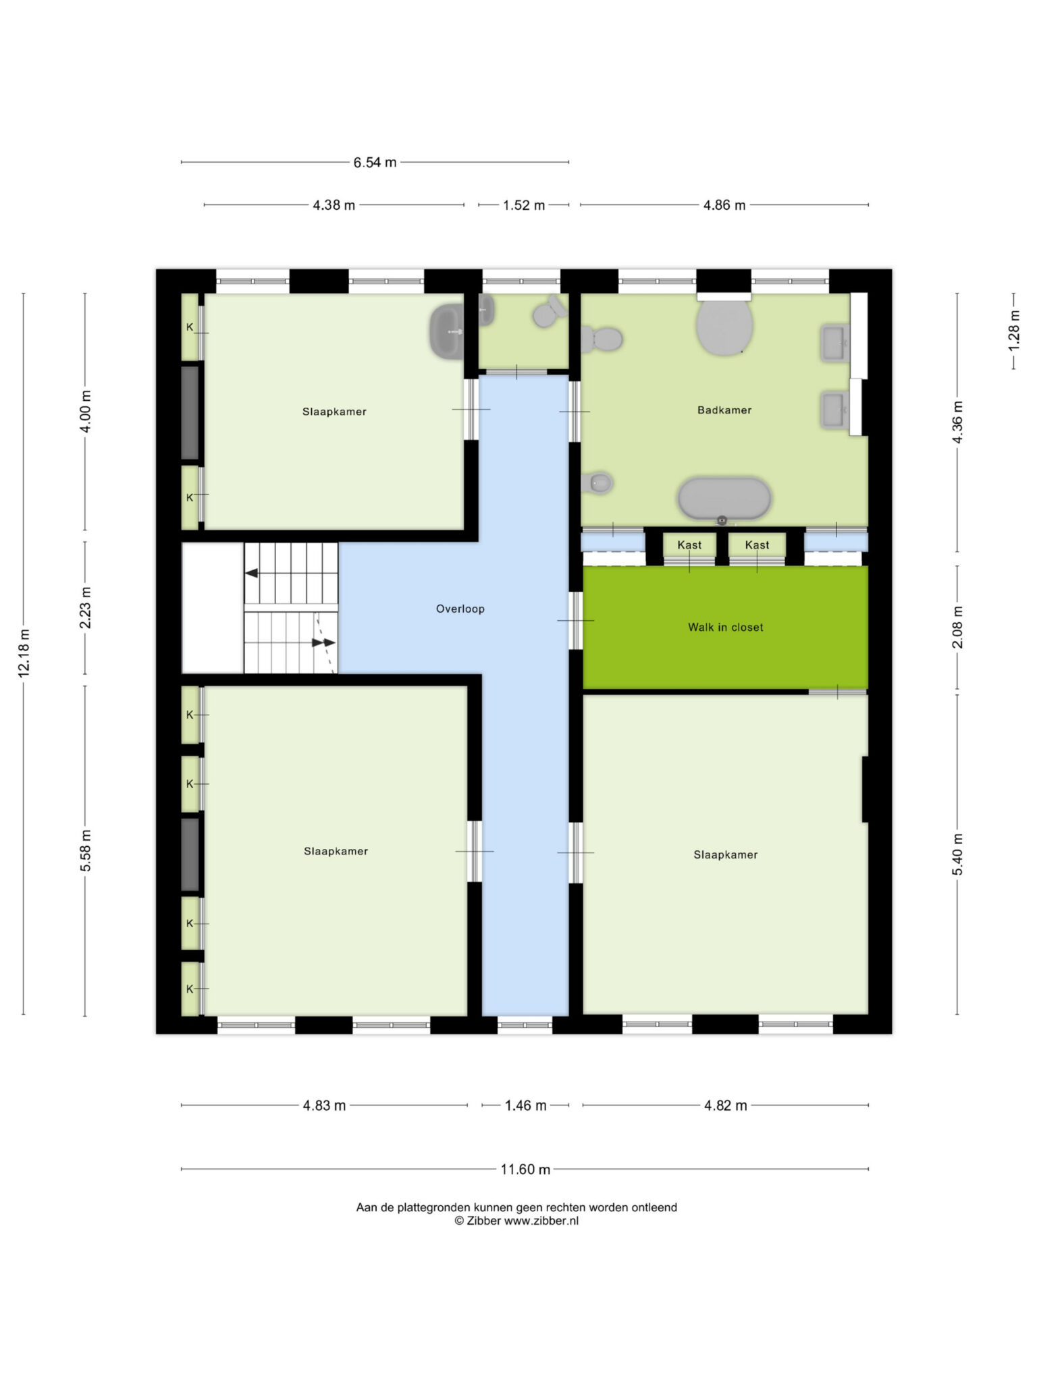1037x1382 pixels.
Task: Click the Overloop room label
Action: click(460, 609)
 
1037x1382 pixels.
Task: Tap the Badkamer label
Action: click(724, 410)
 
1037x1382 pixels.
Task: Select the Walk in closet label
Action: click(725, 627)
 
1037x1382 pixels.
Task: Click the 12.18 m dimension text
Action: click(24, 653)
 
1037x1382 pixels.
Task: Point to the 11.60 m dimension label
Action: click(525, 1169)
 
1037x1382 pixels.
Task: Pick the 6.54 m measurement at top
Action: click(375, 162)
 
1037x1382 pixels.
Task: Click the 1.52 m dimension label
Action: click(524, 205)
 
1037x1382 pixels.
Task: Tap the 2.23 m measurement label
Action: click(86, 607)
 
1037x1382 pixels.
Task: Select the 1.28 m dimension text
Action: click(1013, 330)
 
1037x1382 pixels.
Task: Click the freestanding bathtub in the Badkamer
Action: click(724, 499)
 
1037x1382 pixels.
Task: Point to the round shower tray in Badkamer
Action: click(725, 327)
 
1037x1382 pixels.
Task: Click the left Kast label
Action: click(689, 545)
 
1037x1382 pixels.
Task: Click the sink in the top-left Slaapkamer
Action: click(446, 331)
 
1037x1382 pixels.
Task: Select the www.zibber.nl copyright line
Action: click(516, 1220)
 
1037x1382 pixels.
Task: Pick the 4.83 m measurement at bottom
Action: click(324, 1105)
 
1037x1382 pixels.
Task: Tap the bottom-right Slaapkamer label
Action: click(726, 854)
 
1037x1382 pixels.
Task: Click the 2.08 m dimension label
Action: click(957, 628)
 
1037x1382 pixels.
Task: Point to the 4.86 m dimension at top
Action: click(724, 205)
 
